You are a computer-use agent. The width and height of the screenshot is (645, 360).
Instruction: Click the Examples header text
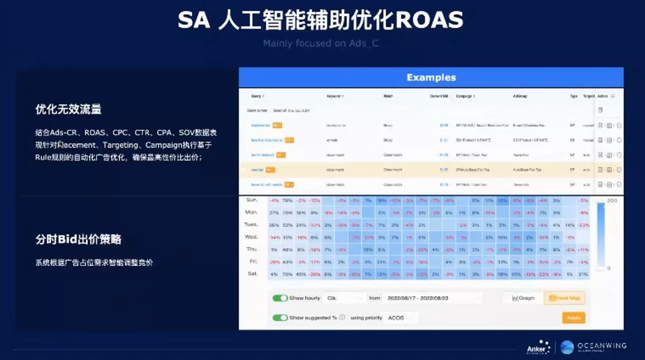click(431, 78)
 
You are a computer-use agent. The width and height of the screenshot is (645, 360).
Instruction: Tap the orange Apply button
click(573, 318)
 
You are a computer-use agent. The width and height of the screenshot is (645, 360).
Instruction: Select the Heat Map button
click(564, 298)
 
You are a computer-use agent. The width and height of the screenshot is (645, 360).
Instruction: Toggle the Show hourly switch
click(280, 298)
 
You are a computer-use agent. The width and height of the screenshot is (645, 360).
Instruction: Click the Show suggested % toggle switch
click(280, 318)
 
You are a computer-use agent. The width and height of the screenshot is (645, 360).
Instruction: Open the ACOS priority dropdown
click(401, 318)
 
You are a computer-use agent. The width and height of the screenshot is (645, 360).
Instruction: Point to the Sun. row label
click(252, 201)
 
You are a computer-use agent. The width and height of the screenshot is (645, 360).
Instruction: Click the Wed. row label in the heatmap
click(251, 237)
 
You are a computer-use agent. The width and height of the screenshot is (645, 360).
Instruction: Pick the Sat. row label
click(252, 273)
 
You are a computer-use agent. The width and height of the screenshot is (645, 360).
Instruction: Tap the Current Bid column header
click(438, 97)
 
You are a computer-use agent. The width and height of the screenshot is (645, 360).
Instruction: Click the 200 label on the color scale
click(612, 202)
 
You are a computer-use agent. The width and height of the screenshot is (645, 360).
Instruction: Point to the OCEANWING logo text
click(602, 346)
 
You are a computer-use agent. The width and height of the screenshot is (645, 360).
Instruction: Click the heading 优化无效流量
click(69, 109)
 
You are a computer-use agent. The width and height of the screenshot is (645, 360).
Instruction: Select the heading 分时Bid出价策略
click(78, 239)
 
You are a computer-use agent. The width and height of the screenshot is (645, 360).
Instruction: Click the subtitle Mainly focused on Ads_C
click(321, 43)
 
